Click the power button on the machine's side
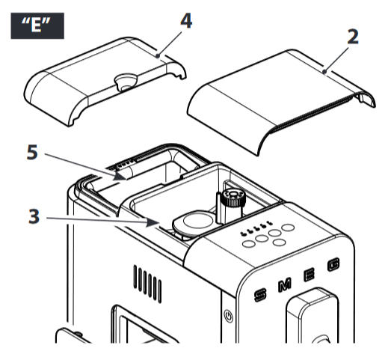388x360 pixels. tap(230, 317)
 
